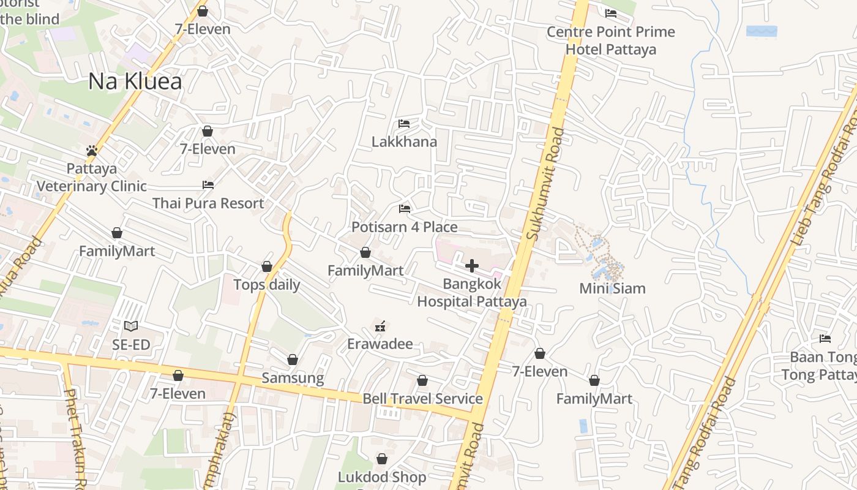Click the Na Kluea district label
pos(135,81)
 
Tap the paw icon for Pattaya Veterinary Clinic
pos(92,150)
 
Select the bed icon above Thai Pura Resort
pos(208,185)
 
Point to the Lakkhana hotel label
pos(404,142)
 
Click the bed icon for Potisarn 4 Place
pos(404,209)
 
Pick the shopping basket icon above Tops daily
pos(267,266)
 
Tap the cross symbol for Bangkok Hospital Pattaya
pos(472,266)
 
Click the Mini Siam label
pos(612,288)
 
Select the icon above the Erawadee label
pos(381,326)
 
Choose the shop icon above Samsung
pos(293,360)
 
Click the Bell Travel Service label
pos(422,399)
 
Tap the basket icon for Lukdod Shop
pos(382,459)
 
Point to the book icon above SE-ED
pos(131,326)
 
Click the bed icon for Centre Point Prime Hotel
pos(610,13)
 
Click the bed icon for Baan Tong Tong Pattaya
pos(825,338)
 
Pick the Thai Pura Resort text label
pos(208,203)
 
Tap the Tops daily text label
pos(267,285)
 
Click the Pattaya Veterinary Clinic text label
pos(92,177)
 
